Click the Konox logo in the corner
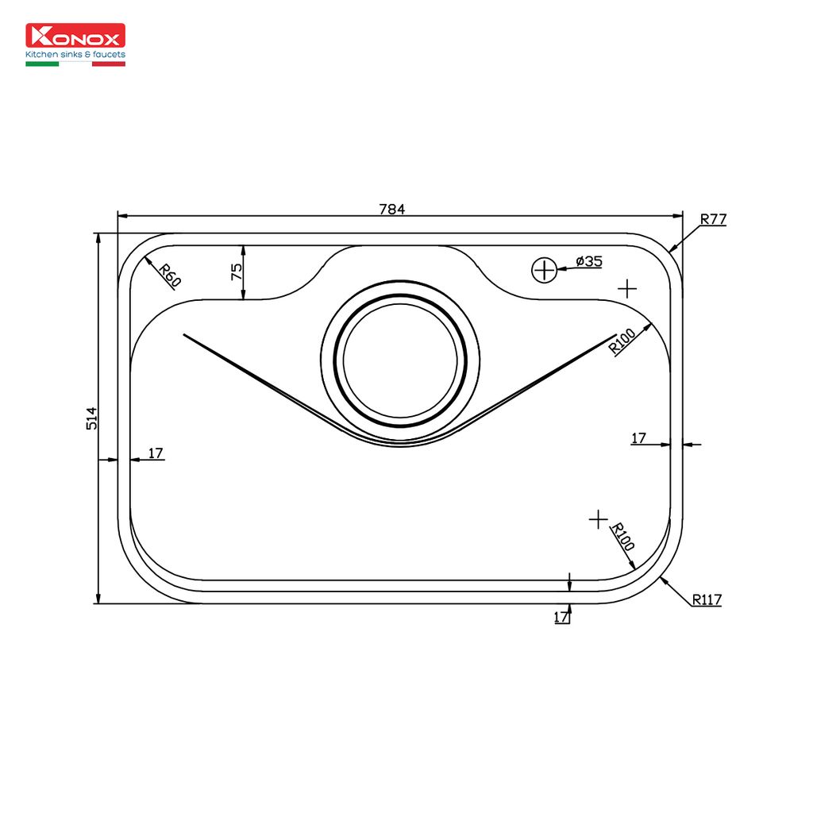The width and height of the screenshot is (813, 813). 75,44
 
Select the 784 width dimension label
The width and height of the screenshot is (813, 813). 392,209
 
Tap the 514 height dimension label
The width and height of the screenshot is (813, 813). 91,418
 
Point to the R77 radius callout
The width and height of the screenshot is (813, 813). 713,219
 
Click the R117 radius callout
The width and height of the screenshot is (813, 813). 707,599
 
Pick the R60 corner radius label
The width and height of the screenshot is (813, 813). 170,275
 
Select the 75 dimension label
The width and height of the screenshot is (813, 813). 236,272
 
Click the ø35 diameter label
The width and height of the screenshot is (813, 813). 589,260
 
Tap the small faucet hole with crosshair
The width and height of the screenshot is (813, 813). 544,270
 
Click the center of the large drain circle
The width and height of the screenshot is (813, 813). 400,360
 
